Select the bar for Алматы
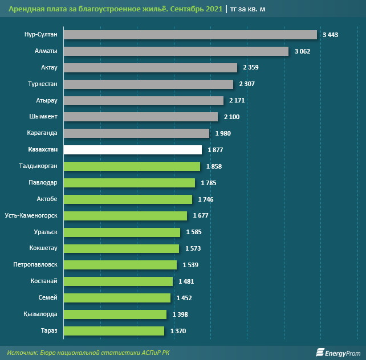[176, 51]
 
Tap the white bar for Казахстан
[132, 150]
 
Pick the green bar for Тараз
[113, 330]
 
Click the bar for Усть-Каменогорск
[125, 216]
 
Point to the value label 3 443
[330, 35]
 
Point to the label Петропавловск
[35, 265]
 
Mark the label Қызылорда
[41, 314]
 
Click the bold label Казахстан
[42, 150]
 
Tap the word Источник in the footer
[22, 353]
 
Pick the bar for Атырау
[143, 100]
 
